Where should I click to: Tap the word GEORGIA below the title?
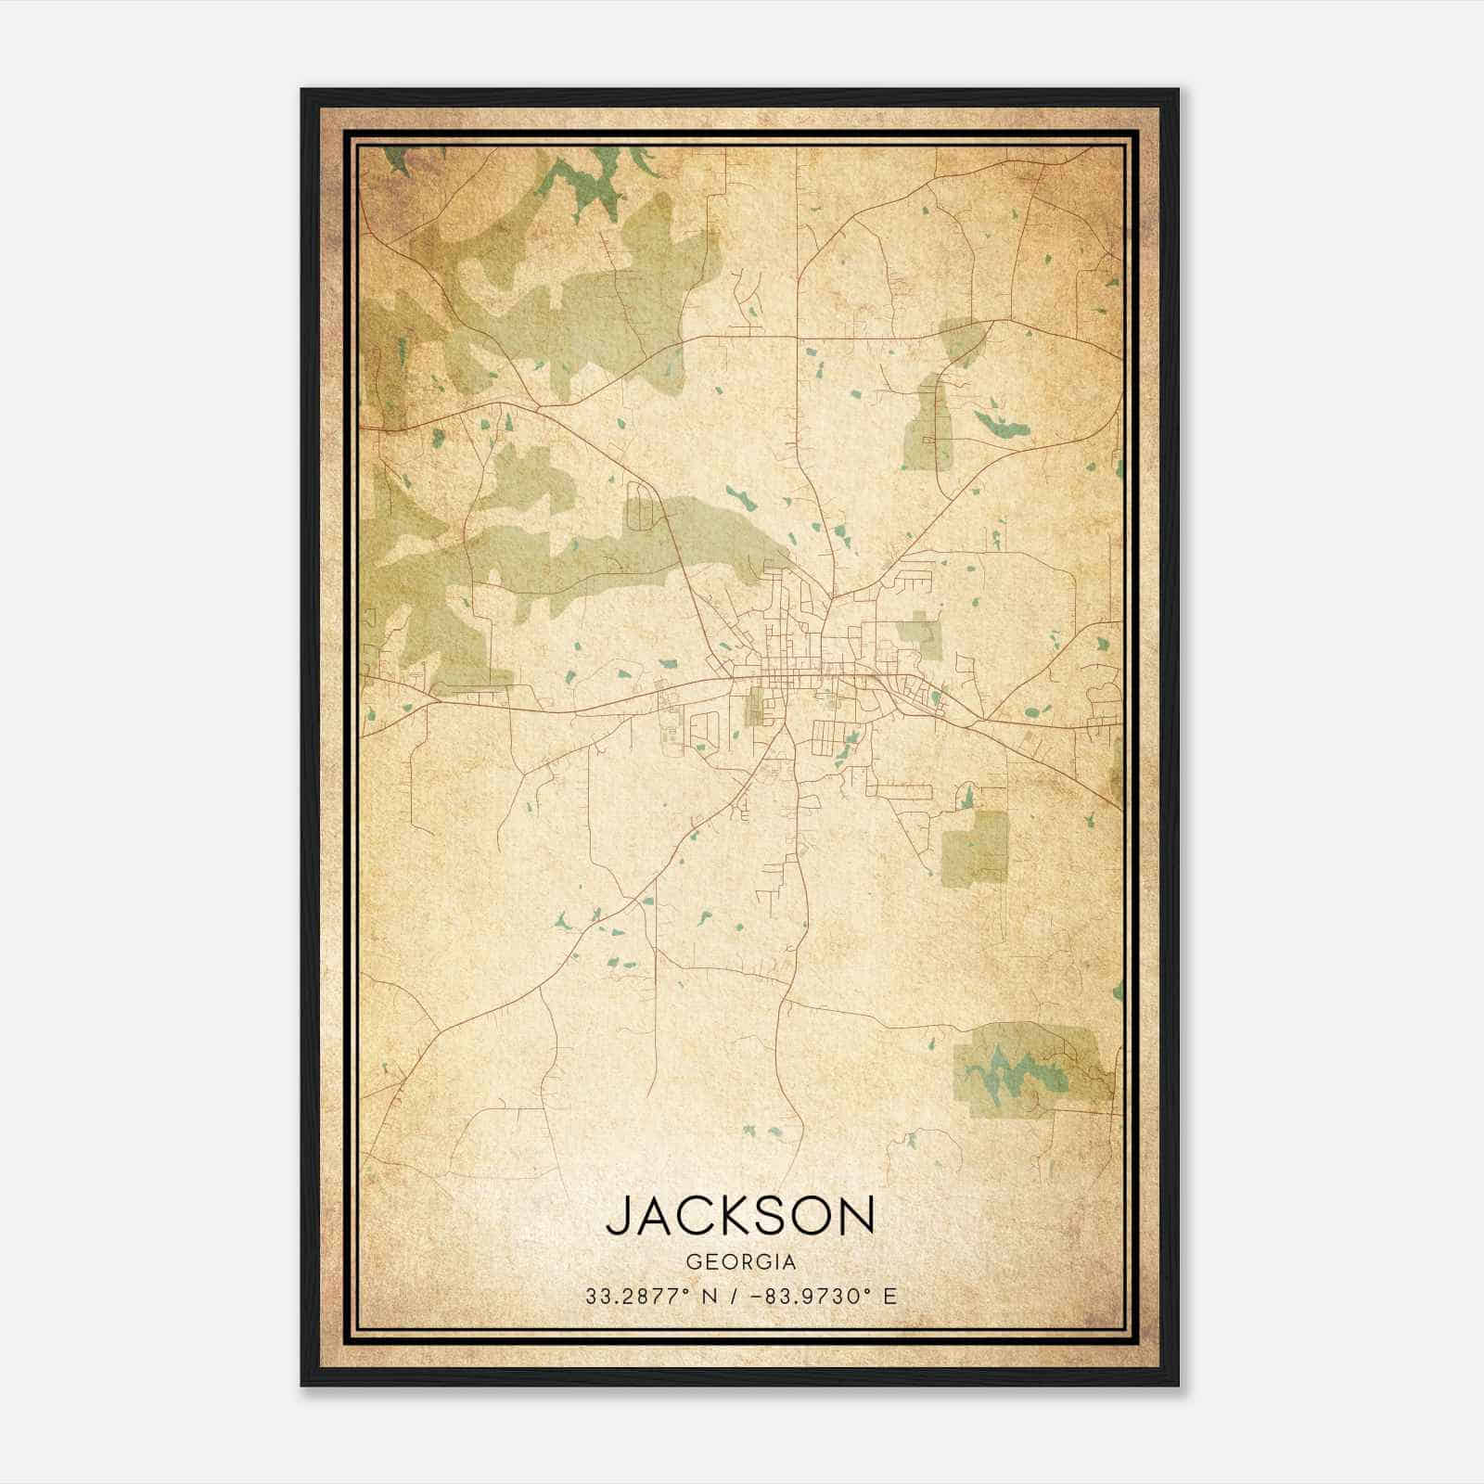point(740,1262)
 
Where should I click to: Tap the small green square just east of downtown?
point(918,631)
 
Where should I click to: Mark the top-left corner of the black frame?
point(302,90)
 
